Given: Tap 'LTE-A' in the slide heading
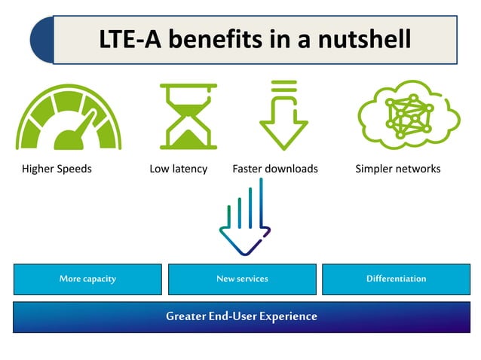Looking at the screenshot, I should pos(129,38).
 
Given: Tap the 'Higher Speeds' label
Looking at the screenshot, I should pos(57,169).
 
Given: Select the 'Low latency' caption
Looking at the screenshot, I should pos(179,169).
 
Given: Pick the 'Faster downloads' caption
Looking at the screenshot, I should pos(275,169).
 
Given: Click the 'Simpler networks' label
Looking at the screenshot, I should pos(398,169).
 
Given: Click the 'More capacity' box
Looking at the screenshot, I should pos(87,279).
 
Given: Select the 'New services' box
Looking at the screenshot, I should pos(242,279).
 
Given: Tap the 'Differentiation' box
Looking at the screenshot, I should pos(397,279).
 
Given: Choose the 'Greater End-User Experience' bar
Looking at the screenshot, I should pos(241,316).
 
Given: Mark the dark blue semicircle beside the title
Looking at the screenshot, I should pos(42,40).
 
